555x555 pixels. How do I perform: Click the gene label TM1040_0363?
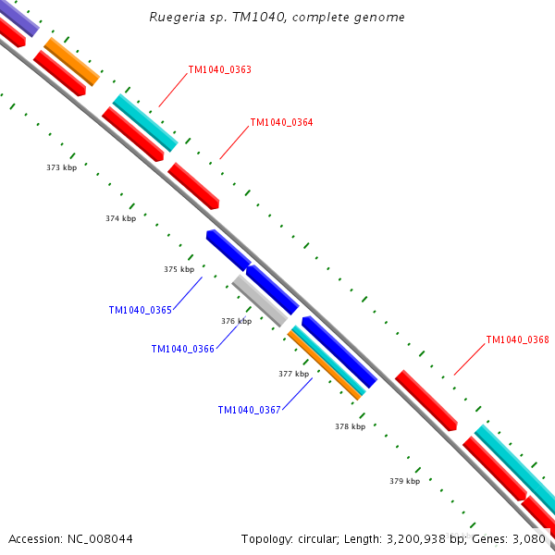click(219, 69)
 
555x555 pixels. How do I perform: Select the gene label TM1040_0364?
click(281, 122)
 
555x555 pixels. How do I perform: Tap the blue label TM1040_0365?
click(140, 310)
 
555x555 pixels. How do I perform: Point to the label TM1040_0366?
click(182, 349)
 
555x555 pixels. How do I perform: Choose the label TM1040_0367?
click(249, 410)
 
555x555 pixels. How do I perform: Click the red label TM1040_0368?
click(517, 339)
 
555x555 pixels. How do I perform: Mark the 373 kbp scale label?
click(61, 167)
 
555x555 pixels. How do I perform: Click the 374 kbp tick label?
click(120, 218)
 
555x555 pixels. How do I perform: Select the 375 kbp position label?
click(179, 269)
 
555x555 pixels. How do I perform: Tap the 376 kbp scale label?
click(236, 321)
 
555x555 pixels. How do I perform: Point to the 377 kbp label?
click(293, 374)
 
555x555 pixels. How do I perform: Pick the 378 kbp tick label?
click(350, 426)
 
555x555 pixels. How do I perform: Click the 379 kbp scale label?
click(404, 481)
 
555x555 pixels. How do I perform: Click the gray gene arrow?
click(259, 300)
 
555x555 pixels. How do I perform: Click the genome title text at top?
click(277, 18)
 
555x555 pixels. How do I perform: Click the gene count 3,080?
click(530, 538)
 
